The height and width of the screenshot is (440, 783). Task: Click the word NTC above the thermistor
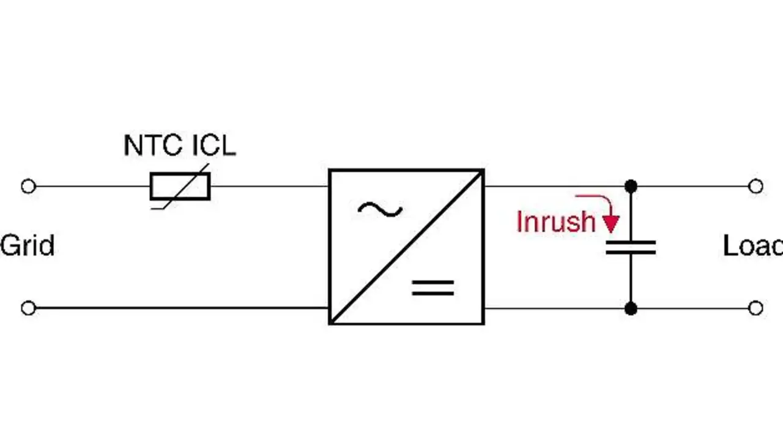point(152,146)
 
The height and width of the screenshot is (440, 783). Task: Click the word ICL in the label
point(214,146)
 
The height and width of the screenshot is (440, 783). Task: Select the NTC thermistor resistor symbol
point(180,186)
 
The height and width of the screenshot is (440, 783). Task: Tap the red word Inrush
point(555,222)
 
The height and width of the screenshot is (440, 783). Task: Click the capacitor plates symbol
point(631,247)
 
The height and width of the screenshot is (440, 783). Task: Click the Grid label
point(28,245)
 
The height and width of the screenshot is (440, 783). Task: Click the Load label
point(752,245)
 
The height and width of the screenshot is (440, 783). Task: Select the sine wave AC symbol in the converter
point(380,211)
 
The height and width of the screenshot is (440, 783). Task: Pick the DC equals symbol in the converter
point(433,288)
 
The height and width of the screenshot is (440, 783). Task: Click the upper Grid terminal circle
point(28,186)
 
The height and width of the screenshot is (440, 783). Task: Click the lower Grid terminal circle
point(28,308)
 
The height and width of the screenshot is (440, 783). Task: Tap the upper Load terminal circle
point(755,186)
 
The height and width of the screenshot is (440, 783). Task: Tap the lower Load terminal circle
point(755,308)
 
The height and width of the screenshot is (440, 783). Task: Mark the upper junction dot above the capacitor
point(631,186)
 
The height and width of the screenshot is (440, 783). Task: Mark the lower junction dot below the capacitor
point(631,308)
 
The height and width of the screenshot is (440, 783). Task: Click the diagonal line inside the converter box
point(407,247)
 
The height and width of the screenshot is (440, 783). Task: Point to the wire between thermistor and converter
point(269,186)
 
